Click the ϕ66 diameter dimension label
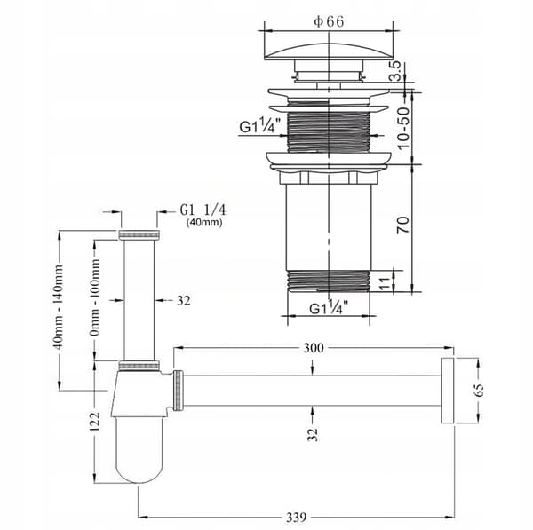[329, 21]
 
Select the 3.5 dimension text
[395, 71]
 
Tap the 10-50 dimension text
[403, 128]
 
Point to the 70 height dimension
[403, 225]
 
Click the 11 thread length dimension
[384, 284]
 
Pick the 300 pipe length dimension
[314, 348]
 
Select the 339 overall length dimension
[296, 518]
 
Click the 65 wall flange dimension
[479, 390]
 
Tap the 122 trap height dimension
[96, 422]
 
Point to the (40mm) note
[204, 223]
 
